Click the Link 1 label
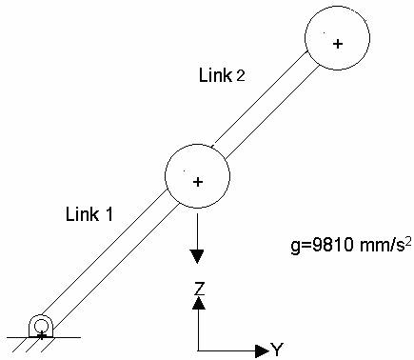click(x=89, y=214)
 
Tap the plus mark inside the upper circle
click(x=336, y=44)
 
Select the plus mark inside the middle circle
click(x=197, y=181)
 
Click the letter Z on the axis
click(x=197, y=286)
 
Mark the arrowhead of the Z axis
click(x=197, y=302)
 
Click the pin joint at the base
click(x=41, y=327)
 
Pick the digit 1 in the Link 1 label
click(x=109, y=214)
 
